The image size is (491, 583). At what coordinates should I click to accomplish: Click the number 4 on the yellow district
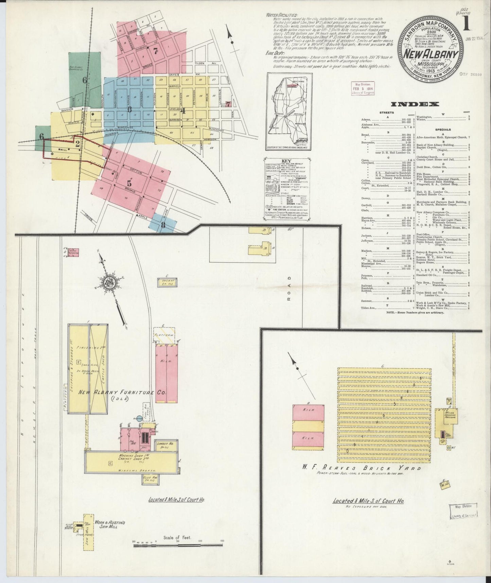(x=183, y=110)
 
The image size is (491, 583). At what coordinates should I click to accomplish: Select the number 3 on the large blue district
(x=129, y=109)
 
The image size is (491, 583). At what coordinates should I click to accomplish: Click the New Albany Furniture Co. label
(x=122, y=392)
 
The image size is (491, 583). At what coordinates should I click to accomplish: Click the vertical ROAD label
(x=289, y=294)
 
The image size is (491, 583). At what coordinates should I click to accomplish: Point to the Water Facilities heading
(x=282, y=15)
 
